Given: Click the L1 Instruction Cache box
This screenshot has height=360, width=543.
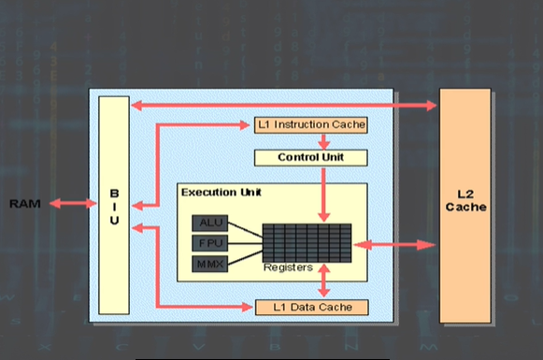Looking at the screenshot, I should click(309, 124).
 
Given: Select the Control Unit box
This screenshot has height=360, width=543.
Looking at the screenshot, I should click(309, 157).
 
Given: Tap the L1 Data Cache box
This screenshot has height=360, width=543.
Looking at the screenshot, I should click(309, 307).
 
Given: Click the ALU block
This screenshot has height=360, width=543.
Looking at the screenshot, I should click(207, 223).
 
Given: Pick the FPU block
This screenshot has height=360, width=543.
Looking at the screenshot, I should click(207, 243).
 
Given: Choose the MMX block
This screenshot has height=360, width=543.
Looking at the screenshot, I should click(207, 265).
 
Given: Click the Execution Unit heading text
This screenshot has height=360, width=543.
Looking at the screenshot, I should click(221, 192).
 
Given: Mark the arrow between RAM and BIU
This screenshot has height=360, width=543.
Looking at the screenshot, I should click(74, 203).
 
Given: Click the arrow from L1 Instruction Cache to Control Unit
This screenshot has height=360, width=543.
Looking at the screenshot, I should click(322, 140).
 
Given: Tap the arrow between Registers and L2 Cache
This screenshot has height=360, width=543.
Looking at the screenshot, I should click(393, 245).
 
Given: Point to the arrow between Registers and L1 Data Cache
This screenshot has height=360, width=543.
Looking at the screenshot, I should click(323, 281).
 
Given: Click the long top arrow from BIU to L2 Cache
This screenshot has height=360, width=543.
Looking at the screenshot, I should click(280, 105).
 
